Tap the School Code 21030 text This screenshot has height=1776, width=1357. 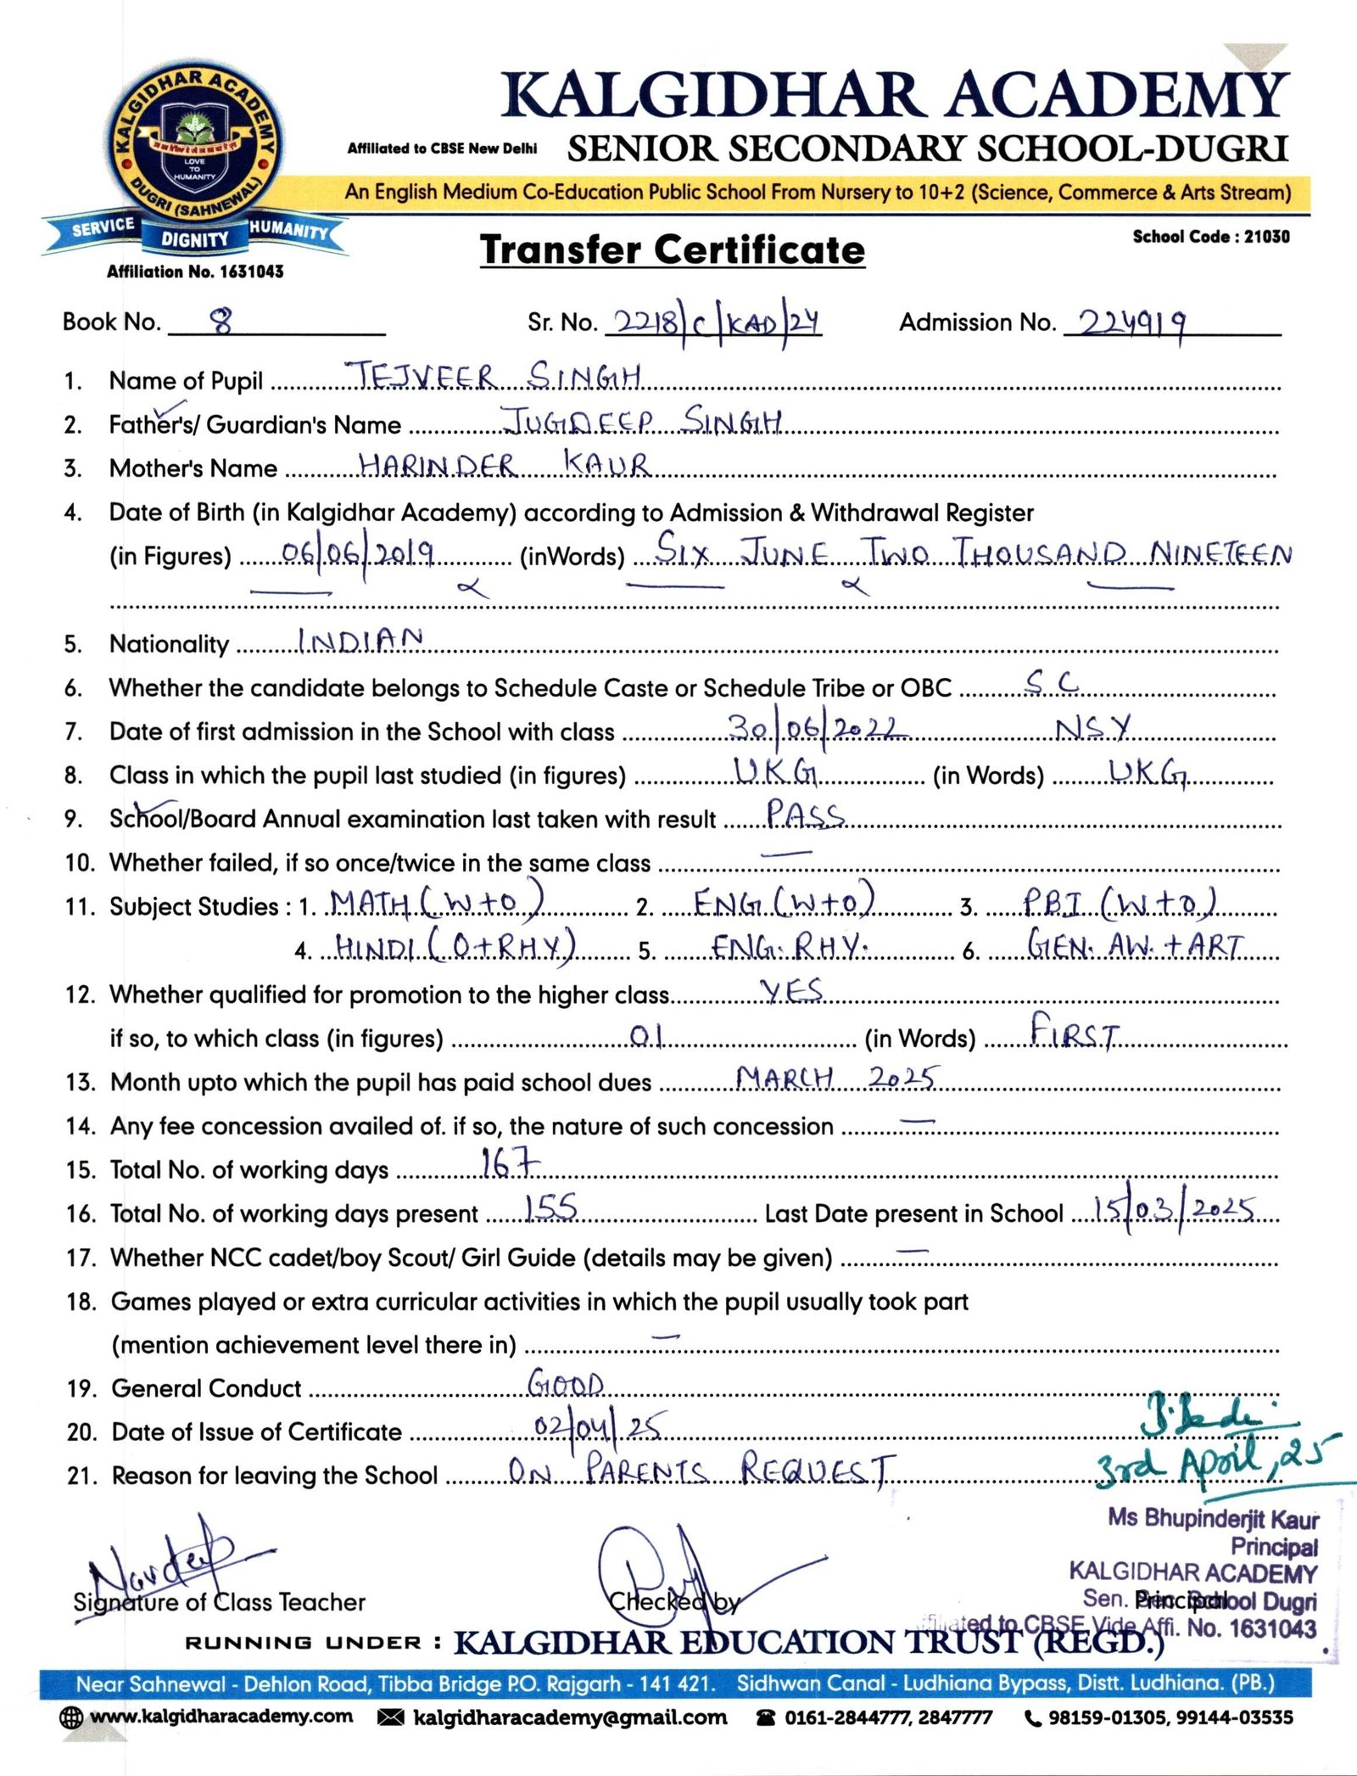(1210, 237)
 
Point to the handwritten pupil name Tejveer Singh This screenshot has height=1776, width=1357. (497, 376)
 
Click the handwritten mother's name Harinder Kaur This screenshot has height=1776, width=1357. (504, 465)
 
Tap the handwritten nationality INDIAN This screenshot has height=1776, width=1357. (360, 640)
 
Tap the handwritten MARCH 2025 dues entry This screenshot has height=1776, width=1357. (836, 1078)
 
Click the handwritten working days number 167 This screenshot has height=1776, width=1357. (509, 1163)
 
